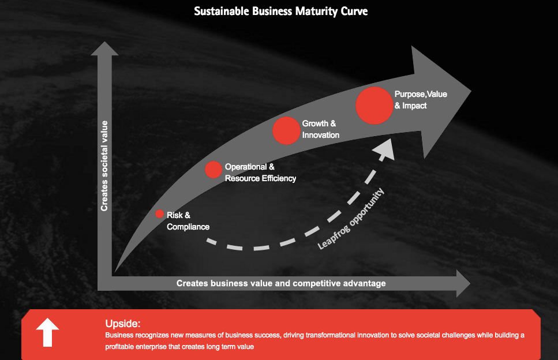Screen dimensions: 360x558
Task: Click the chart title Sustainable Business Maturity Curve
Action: tap(280, 11)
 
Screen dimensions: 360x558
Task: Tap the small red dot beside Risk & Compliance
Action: tap(160, 213)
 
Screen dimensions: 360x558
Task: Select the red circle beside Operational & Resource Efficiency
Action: tap(214, 170)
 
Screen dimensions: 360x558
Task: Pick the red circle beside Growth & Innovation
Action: tap(284, 130)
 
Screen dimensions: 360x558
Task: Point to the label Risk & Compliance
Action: tap(188, 221)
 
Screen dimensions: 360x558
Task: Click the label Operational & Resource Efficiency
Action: tap(260, 172)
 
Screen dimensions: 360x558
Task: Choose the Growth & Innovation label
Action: tap(320, 129)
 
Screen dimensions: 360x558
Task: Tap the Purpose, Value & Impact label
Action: tap(421, 99)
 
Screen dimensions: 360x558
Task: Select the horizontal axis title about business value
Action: tap(281, 283)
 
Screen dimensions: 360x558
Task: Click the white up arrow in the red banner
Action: tap(47, 334)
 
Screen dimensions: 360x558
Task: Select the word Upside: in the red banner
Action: tap(123, 324)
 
